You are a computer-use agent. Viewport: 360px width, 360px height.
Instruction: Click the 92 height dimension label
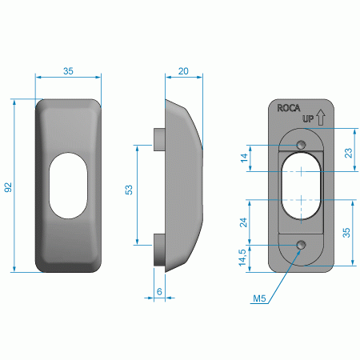[8, 187]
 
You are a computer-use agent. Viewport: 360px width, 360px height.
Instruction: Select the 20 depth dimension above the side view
[183, 71]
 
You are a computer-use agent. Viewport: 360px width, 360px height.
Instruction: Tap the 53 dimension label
[129, 190]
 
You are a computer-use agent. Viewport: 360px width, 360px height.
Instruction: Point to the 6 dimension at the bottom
[159, 291]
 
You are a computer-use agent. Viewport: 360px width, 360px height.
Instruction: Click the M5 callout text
[259, 298]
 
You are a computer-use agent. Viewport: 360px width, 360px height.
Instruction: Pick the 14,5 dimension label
[242, 258]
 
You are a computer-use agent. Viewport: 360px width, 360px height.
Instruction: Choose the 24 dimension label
[243, 222]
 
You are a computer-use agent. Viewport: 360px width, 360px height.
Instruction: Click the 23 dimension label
[349, 153]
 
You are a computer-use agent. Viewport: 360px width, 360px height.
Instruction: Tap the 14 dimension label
[244, 158]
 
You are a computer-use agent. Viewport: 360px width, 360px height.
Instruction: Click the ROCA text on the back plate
[289, 108]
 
